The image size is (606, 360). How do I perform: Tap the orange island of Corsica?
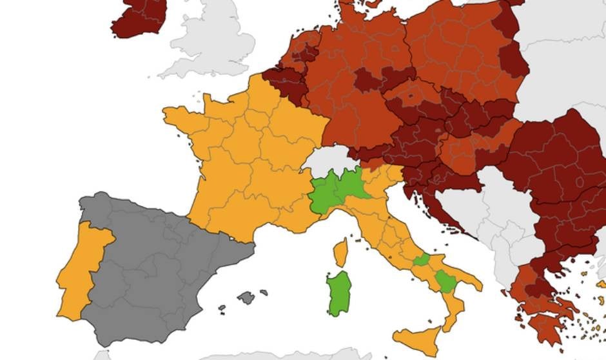[341, 252]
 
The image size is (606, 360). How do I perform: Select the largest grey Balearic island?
[246, 297]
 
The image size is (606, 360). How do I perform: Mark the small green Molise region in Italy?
[422, 260]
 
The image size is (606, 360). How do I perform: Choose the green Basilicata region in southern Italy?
[444, 281]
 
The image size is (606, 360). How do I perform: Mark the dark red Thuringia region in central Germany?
[368, 81]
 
